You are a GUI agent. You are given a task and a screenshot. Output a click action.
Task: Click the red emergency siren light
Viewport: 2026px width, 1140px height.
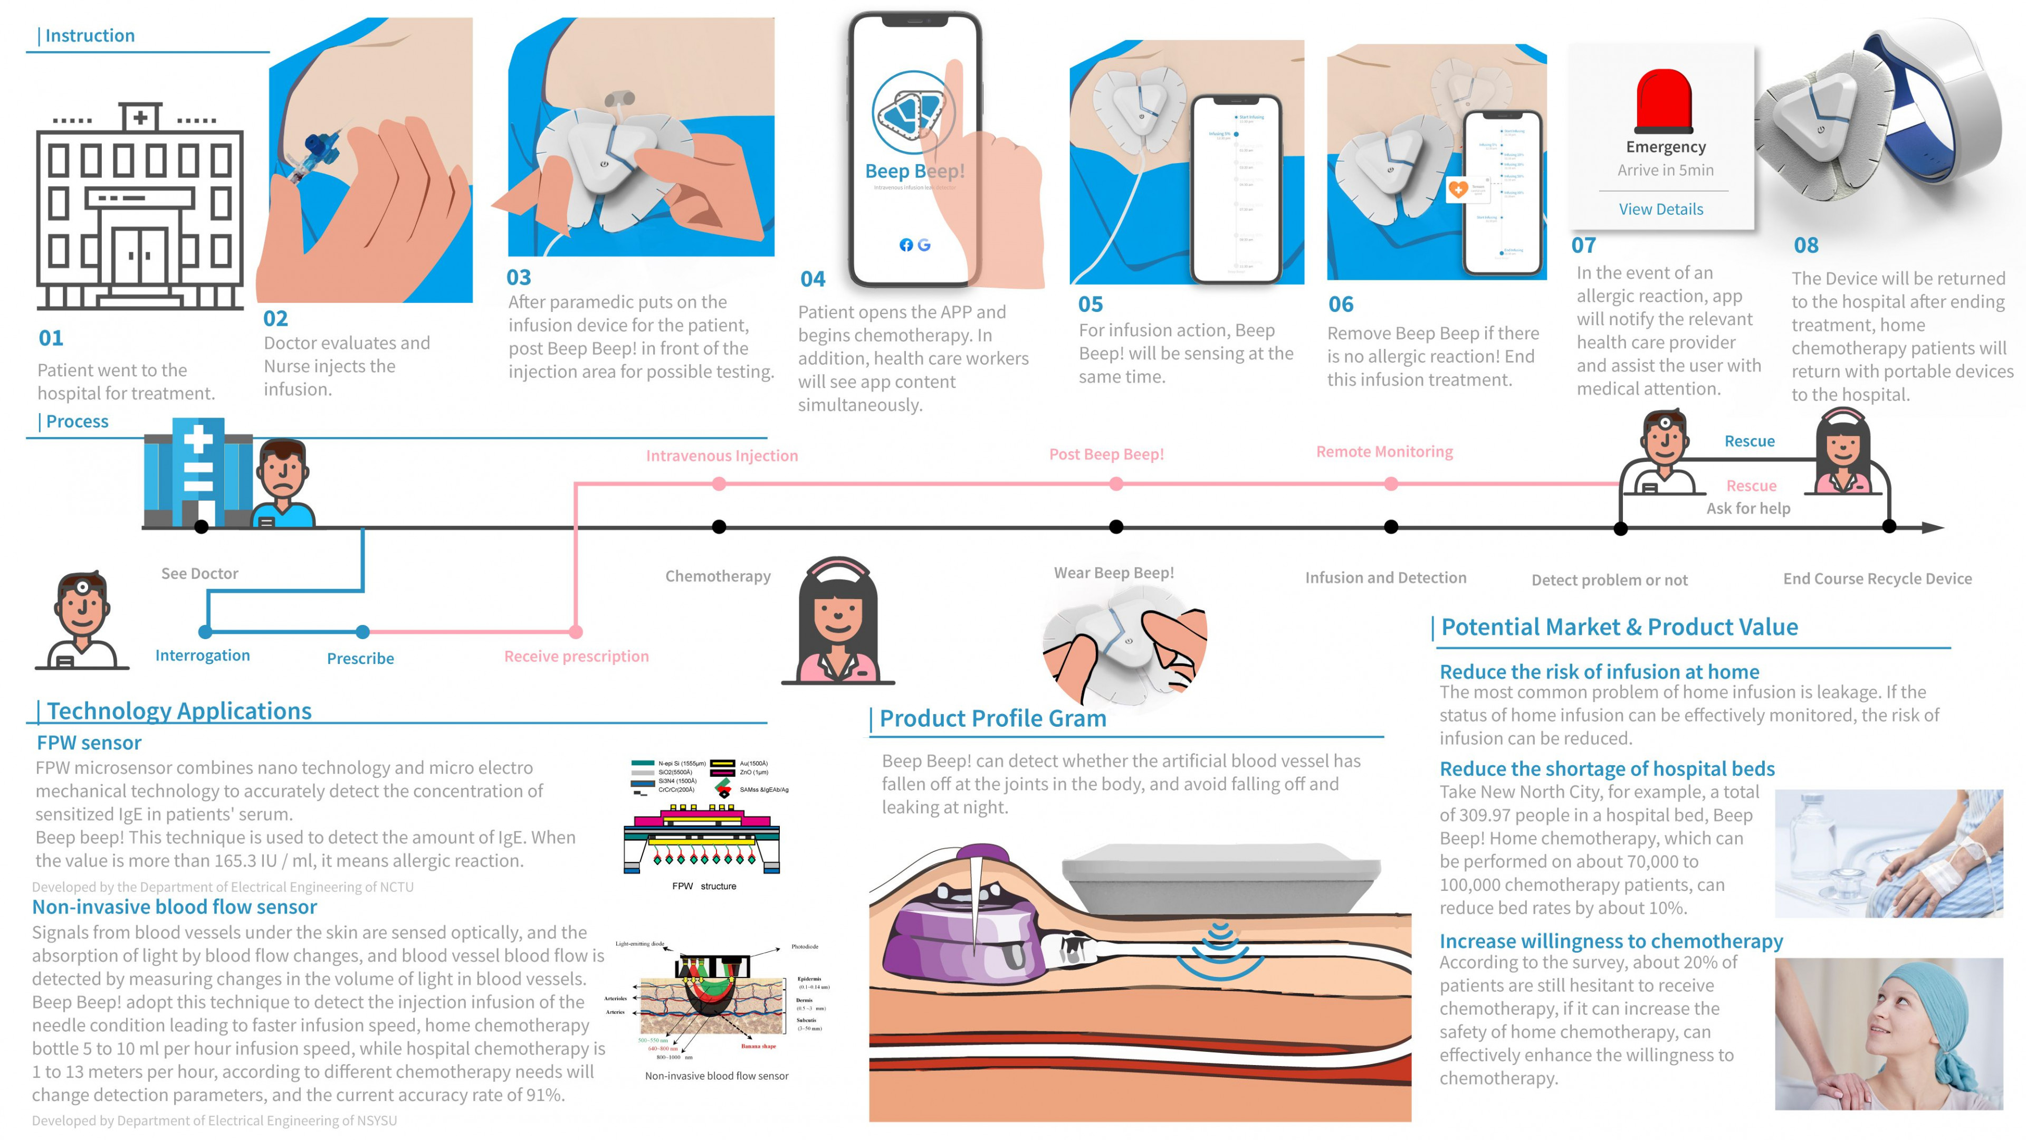point(1664,101)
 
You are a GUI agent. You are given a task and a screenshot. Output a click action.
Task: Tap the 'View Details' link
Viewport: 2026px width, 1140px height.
point(1660,210)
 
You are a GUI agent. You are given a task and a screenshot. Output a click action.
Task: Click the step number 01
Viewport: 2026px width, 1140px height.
point(51,338)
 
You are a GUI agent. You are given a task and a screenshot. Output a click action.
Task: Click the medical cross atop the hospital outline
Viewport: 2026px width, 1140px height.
point(141,118)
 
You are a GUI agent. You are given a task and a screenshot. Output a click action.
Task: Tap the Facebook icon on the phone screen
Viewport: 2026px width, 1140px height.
point(906,245)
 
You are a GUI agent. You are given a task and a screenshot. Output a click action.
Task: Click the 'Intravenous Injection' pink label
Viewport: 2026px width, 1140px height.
point(721,455)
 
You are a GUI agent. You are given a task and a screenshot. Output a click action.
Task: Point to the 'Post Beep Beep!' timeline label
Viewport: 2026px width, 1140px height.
point(1106,454)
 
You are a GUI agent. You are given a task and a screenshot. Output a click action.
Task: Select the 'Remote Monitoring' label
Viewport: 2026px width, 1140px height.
point(1384,452)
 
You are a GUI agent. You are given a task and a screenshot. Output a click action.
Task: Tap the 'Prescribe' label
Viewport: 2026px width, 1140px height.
point(360,659)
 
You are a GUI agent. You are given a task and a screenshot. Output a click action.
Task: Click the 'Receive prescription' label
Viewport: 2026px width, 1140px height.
point(577,656)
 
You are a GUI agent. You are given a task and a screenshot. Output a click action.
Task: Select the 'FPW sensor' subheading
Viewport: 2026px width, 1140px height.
point(89,743)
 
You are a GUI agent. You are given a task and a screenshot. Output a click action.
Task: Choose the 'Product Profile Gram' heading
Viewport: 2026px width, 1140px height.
point(992,718)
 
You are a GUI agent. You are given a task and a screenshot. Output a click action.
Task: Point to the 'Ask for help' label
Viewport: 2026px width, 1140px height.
point(1747,508)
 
